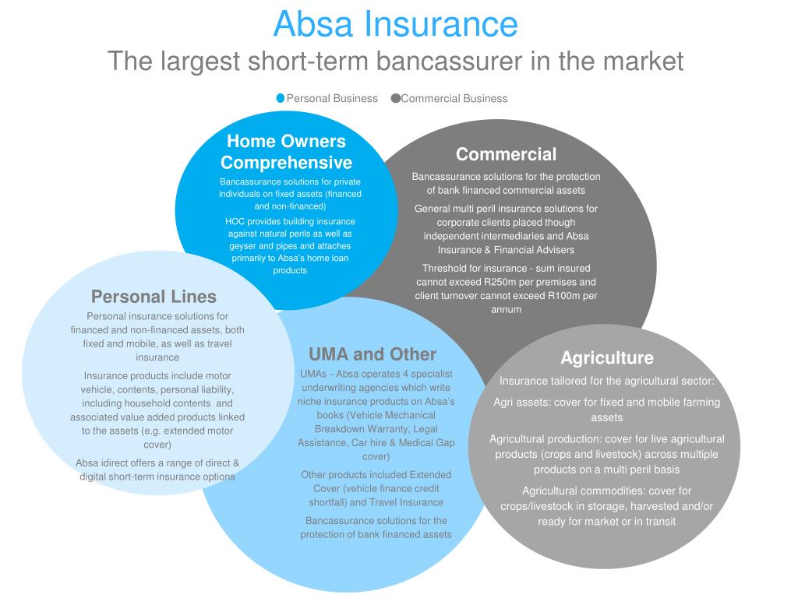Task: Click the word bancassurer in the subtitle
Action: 445,60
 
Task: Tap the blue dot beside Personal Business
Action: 281,98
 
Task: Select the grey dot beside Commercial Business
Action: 395,98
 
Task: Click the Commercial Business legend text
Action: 454,98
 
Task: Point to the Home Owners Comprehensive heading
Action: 286,152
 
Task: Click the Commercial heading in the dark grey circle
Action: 506,154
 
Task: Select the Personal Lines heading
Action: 154,297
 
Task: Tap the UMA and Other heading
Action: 373,354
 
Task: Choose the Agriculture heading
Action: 606,358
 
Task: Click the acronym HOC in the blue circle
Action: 235,221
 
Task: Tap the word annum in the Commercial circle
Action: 506,309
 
